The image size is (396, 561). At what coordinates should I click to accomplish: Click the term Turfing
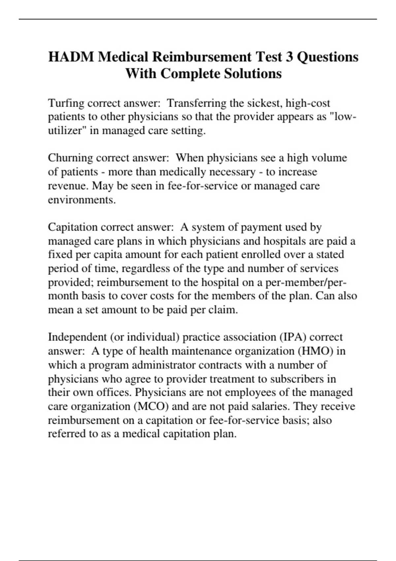[66, 103]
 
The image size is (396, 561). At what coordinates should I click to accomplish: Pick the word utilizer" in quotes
[67, 131]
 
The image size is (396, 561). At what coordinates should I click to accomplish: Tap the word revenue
[68, 186]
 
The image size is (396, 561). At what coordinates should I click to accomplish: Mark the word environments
[82, 200]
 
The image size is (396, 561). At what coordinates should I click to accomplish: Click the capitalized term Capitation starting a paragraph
[73, 227]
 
